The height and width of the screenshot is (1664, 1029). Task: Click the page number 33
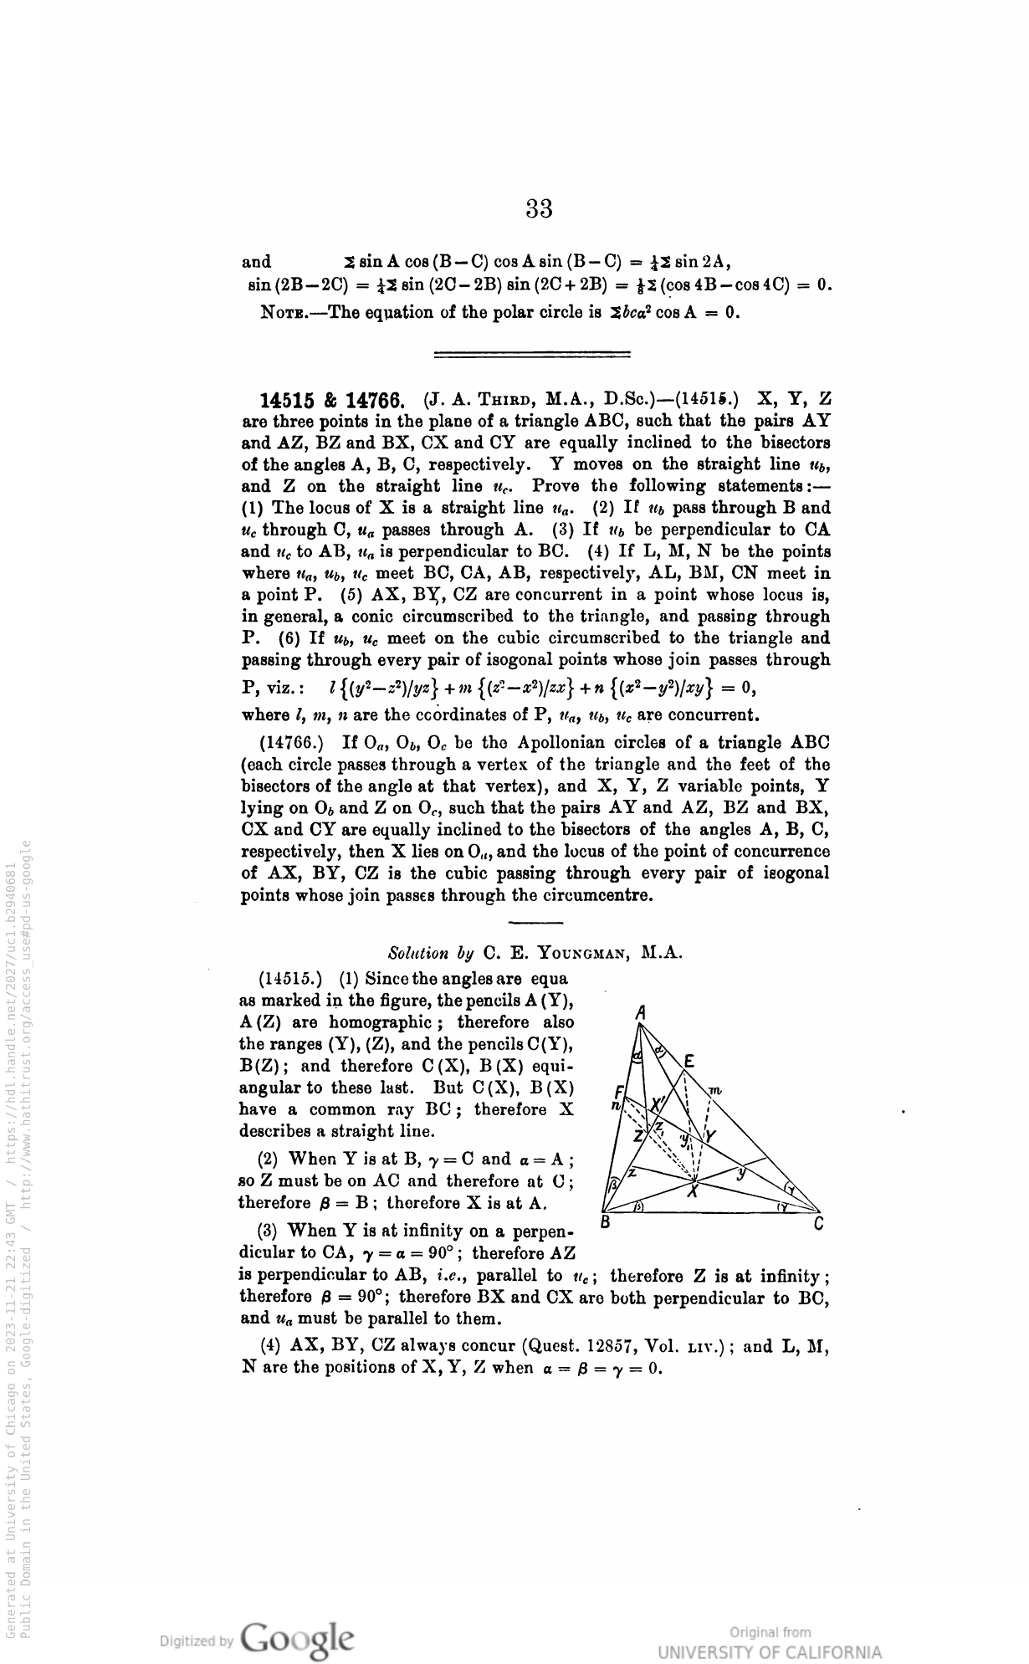click(540, 208)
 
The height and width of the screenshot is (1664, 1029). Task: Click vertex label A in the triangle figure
click(641, 1011)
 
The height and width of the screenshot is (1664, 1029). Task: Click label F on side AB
click(618, 1092)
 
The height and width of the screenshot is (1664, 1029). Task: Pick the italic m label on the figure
click(714, 1090)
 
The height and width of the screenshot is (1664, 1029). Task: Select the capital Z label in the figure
click(639, 1135)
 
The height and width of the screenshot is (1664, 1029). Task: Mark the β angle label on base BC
click(637, 1207)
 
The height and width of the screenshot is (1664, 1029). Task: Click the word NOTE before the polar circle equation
click(289, 314)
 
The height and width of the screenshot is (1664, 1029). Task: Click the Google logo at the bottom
click(296, 1637)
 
